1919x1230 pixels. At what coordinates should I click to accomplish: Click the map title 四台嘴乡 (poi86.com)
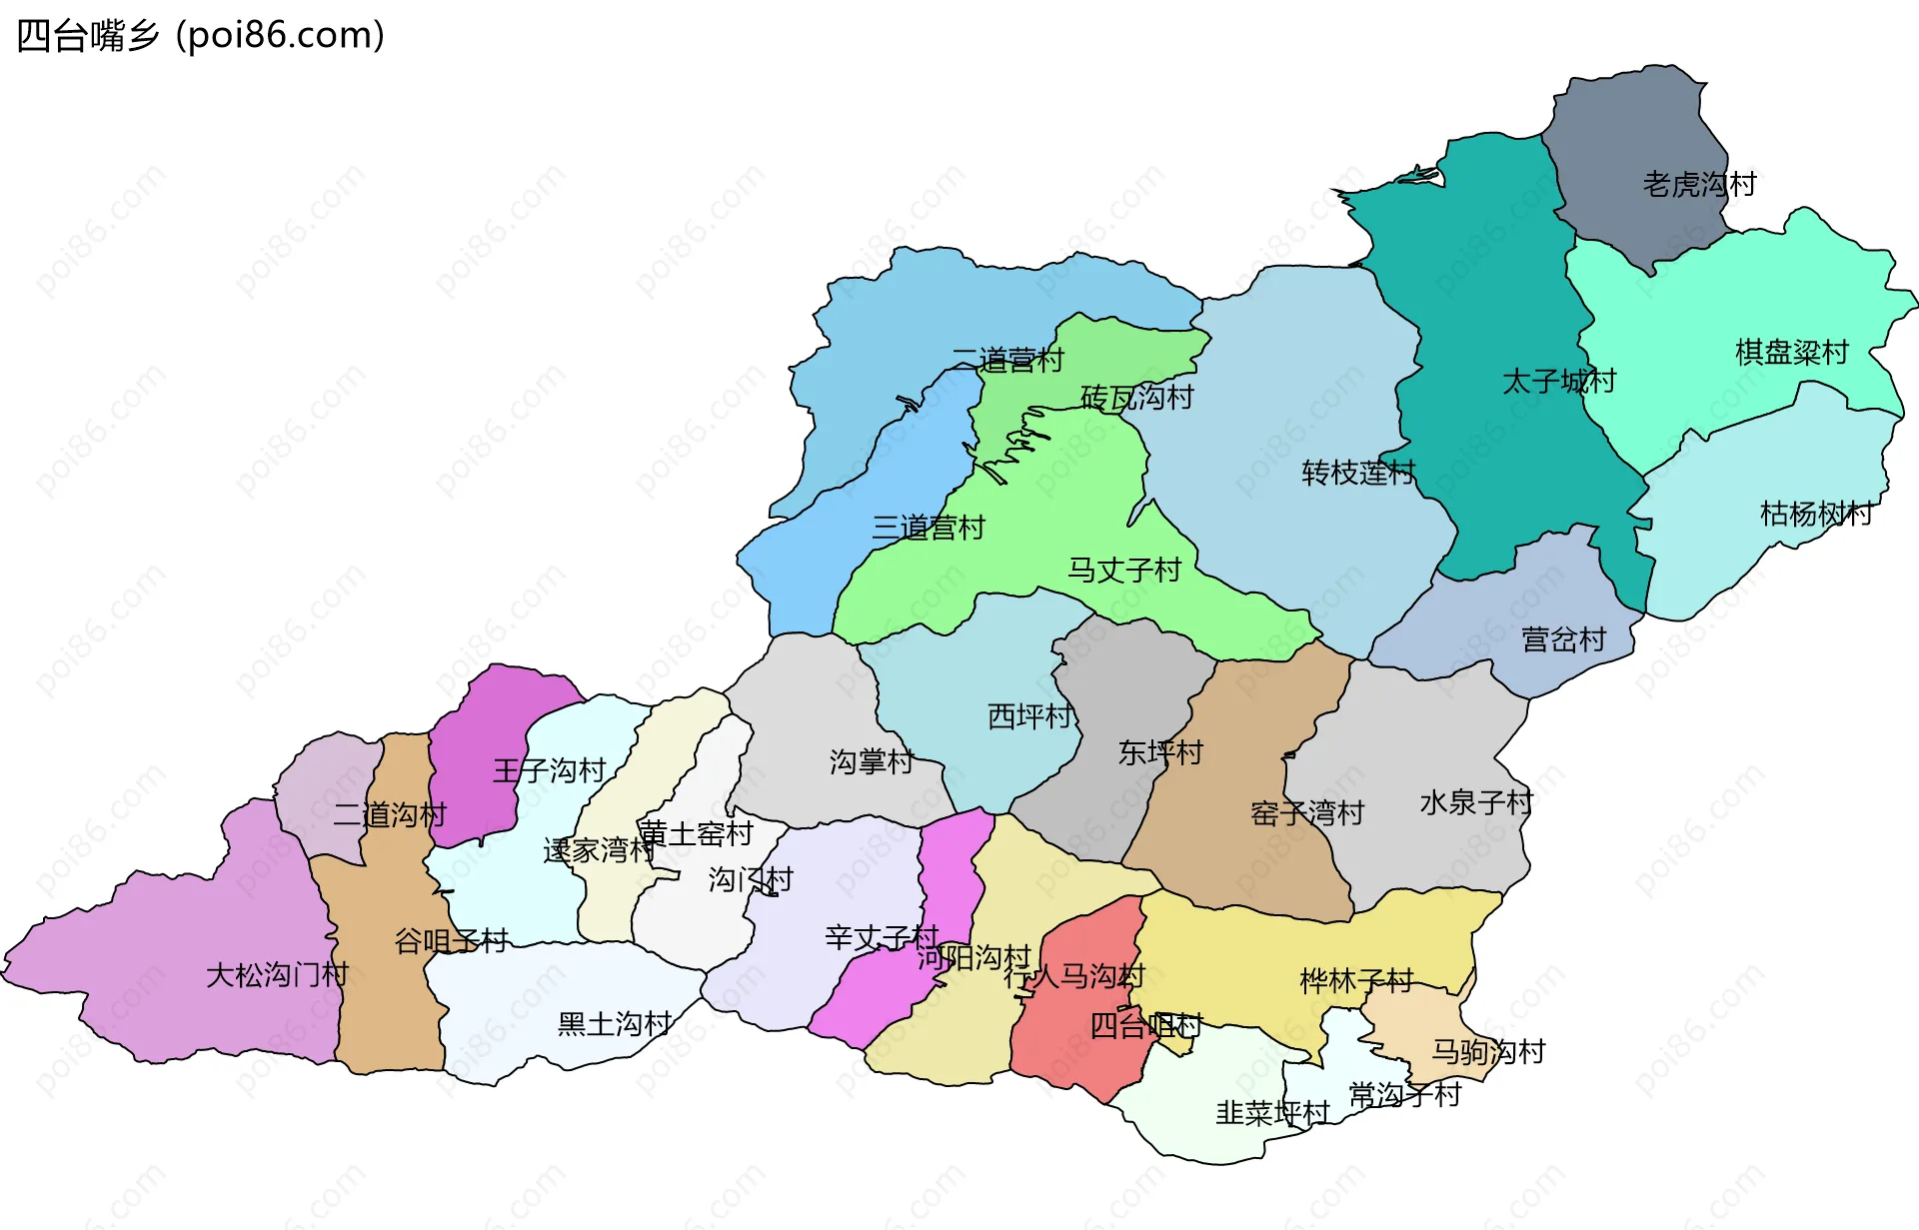(x=200, y=36)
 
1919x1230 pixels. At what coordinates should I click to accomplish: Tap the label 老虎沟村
(x=1699, y=185)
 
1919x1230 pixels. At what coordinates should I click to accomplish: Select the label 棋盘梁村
(x=1792, y=353)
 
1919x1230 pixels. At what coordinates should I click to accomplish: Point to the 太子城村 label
(x=1559, y=382)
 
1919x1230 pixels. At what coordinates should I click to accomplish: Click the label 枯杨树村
(x=1816, y=515)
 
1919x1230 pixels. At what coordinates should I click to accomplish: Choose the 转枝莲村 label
(x=1358, y=473)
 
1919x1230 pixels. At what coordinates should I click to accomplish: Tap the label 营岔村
(x=1563, y=640)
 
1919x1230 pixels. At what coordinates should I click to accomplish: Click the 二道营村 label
(x=1007, y=361)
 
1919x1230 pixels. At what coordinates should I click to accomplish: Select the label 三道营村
(x=929, y=528)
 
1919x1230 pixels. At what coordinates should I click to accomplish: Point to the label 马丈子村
(x=1124, y=571)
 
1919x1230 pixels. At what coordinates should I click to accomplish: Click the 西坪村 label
(x=1029, y=716)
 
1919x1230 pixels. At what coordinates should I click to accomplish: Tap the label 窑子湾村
(x=1307, y=813)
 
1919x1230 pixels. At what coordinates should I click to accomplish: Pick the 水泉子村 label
(x=1476, y=802)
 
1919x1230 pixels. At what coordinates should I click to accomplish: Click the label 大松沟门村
(x=277, y=975)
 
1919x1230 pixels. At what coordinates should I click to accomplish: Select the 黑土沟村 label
(x=615, y=1024)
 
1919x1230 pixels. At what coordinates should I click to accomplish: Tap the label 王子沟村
(x=550, y=770)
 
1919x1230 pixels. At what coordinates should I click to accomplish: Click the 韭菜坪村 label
(x=1272, y=1113)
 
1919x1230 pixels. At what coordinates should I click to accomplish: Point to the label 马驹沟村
(x=1488, y=1052)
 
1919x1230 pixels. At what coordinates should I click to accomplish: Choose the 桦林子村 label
(x=1356, y=981)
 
